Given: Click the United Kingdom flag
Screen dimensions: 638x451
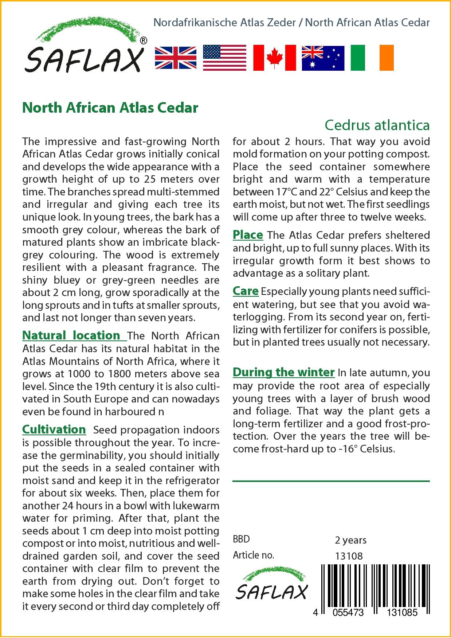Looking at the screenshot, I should (176, 58).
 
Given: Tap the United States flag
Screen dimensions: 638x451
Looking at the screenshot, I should (224, 58).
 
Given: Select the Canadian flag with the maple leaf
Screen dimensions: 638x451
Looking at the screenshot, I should (274, 58).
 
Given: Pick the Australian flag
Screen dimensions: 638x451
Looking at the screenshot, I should (323, 58).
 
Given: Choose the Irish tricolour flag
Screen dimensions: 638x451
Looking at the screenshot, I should (372, 58).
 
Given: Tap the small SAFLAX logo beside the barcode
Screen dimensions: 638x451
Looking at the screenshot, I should (271, 588).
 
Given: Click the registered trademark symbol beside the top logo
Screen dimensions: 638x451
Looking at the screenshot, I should (144, 41).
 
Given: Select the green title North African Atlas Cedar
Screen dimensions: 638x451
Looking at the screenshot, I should (110, 108).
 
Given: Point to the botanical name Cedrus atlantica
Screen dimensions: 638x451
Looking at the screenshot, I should (377, 125).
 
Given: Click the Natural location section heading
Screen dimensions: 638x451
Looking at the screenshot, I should (71, 335).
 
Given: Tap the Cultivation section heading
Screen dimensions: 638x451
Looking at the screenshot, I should (54, 429).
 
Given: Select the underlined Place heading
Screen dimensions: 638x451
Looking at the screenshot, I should (248, 235).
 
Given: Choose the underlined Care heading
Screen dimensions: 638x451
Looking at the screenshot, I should (246, 291).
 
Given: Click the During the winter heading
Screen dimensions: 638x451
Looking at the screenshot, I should (283, 372).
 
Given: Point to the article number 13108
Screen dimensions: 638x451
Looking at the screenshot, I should (349, 556).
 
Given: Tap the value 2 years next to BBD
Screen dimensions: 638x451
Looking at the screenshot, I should (350, 540).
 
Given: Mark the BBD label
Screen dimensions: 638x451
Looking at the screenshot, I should (241, 539).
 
